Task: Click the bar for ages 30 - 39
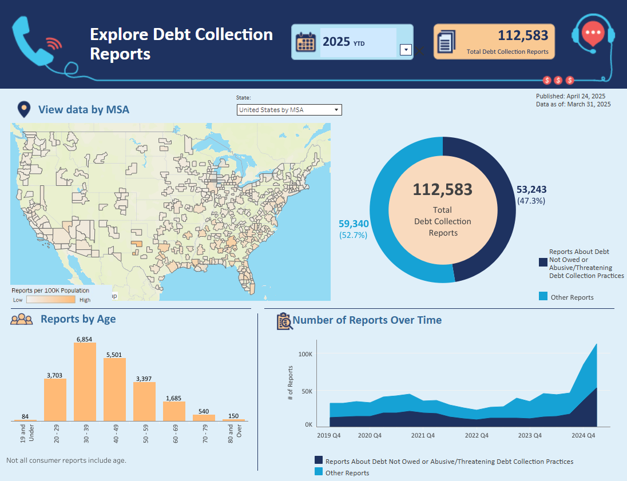click(x=85, y=381)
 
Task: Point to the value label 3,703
click(x=55, y=375)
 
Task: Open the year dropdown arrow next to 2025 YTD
click(x=405, y=50)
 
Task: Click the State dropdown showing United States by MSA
click(x=289, y=110)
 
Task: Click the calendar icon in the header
click(x=305, y=42)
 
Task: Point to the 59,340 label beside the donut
click(x=354, y=224)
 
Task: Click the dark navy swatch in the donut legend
click(x=542, y=262)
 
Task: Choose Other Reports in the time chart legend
click(x=347, y=473)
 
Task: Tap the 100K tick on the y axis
click(x=305, y=354)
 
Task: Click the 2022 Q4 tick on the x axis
click(x=477, y=435)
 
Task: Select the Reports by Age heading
click(x=78, y=319)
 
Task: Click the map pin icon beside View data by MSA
click(x=24, y=109)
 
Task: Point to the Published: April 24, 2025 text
click(x=570, y=96)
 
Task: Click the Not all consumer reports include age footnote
click(x=66, y=460)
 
